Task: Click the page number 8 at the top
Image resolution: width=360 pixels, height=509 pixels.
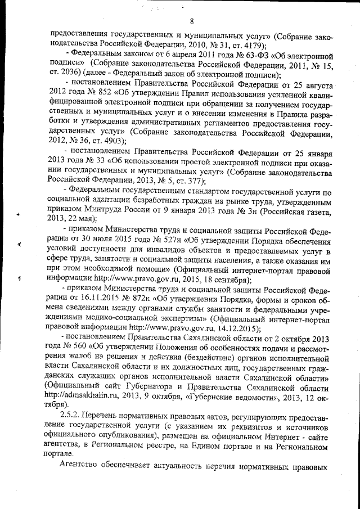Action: [192, 22]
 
